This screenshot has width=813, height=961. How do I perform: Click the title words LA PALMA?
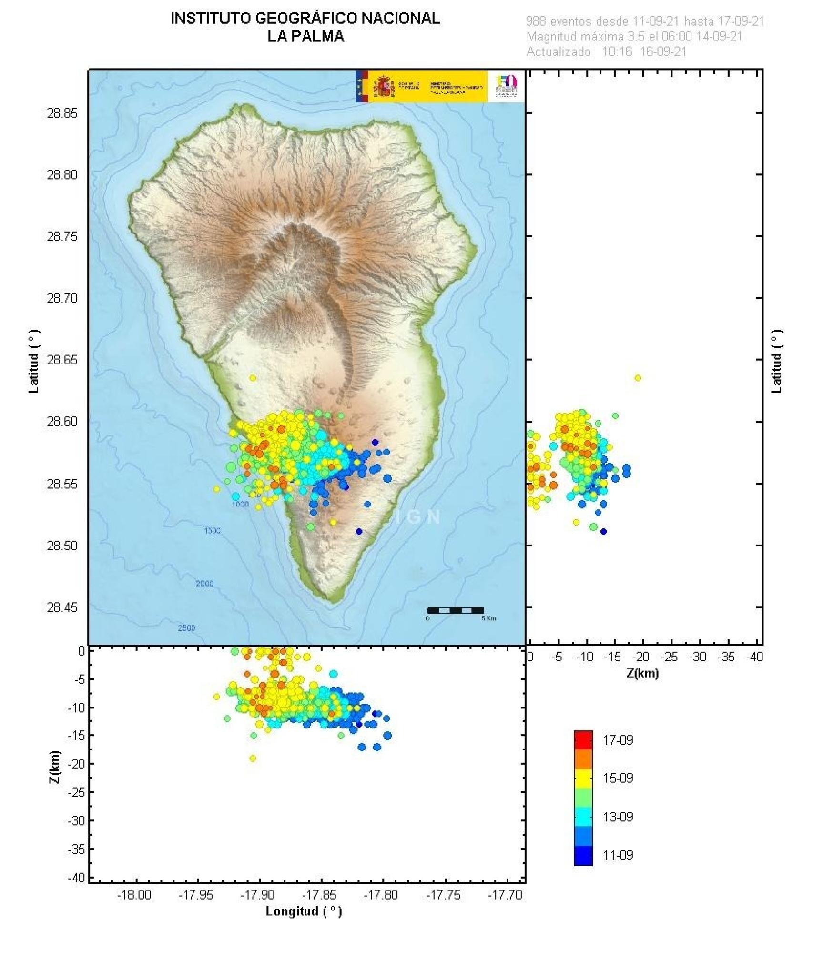click(x=305, y=37)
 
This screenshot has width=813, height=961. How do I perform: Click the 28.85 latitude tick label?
click(x=62, y=113)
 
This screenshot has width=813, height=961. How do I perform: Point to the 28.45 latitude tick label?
click(x=62, y=607)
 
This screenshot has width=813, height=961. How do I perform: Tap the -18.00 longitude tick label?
click(x=134, y=895)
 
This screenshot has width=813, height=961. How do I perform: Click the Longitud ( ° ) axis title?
click(x=304, y=911)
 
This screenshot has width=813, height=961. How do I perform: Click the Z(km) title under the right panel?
click(x=642, y=673)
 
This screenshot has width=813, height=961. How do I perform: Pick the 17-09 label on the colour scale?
click(x=618, y=740)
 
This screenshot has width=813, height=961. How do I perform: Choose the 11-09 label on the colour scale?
click(x=618, y=855)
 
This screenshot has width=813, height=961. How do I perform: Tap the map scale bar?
click(x=455, y=610)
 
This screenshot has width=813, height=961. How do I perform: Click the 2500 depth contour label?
click(x=186, y=628)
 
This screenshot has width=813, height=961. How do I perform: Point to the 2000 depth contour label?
click(x=204, y=584)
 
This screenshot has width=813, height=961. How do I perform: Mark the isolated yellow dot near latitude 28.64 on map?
click(x=253, y=378)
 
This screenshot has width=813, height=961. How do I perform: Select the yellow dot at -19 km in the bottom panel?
click(x=253, y=758)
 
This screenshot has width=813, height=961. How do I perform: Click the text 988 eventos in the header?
click(x=559, y=21)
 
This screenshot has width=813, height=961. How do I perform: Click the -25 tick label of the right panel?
click(x=670, y=657)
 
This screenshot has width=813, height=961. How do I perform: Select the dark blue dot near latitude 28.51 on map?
click(x=359, y=532)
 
